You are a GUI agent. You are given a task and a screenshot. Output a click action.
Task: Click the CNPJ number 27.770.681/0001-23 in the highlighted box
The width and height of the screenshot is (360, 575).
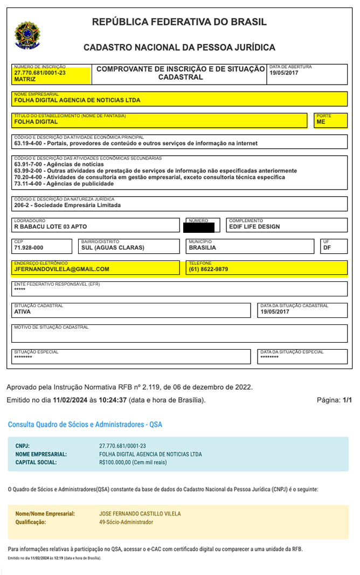tap(40, 73)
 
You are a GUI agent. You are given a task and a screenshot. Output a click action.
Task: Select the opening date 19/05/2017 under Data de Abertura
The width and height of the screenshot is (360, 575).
tap(283, 73)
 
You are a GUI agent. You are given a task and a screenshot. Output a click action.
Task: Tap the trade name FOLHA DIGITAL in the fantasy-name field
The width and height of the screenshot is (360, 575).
tap(36, 122)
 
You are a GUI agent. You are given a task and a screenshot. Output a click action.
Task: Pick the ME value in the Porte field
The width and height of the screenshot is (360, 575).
tap(321, 122)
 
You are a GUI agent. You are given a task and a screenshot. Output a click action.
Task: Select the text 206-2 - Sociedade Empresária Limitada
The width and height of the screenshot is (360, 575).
tap(67, 205)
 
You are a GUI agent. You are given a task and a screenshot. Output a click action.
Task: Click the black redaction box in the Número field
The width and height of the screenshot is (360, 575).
tap(201, 227)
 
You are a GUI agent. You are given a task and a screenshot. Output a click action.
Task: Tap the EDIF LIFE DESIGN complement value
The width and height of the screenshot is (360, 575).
tap(254, 227)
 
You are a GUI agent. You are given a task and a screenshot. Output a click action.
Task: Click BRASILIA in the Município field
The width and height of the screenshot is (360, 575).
tap(202, 248)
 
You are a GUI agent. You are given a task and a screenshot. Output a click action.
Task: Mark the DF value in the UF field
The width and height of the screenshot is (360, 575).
tap(327, 248)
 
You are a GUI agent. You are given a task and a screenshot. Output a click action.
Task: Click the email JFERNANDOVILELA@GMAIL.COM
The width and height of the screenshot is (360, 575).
tap(62, 269)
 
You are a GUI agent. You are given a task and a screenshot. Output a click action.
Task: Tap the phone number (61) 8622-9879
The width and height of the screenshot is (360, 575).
tap(209, 269)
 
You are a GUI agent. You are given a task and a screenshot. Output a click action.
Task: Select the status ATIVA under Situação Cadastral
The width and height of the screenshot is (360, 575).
tap(23, 311)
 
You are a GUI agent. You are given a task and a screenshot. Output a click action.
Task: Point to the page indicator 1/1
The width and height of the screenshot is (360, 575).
tap(347, 400)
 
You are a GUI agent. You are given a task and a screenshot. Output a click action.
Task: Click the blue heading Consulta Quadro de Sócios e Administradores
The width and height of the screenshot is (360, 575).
tap(85, 425)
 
